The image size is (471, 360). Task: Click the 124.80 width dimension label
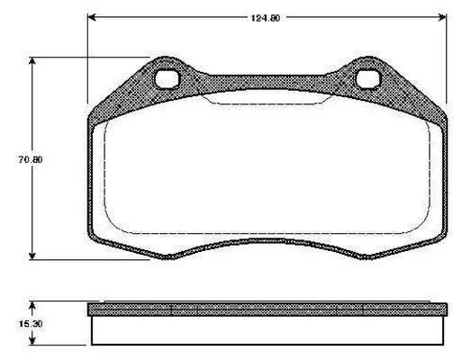(266, 18)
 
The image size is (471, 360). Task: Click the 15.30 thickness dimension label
(31, 324)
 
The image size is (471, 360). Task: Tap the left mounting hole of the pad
(167, 78)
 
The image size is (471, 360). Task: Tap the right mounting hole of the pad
(368, 78)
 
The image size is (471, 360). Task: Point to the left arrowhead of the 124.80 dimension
(91, 17)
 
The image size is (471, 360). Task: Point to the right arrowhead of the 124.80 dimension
(442, 17)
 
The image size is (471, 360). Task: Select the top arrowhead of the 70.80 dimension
(32, 61)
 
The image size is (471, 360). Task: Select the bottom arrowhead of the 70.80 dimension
(32, 256)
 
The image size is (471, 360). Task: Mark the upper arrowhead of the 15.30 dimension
(32, 306)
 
